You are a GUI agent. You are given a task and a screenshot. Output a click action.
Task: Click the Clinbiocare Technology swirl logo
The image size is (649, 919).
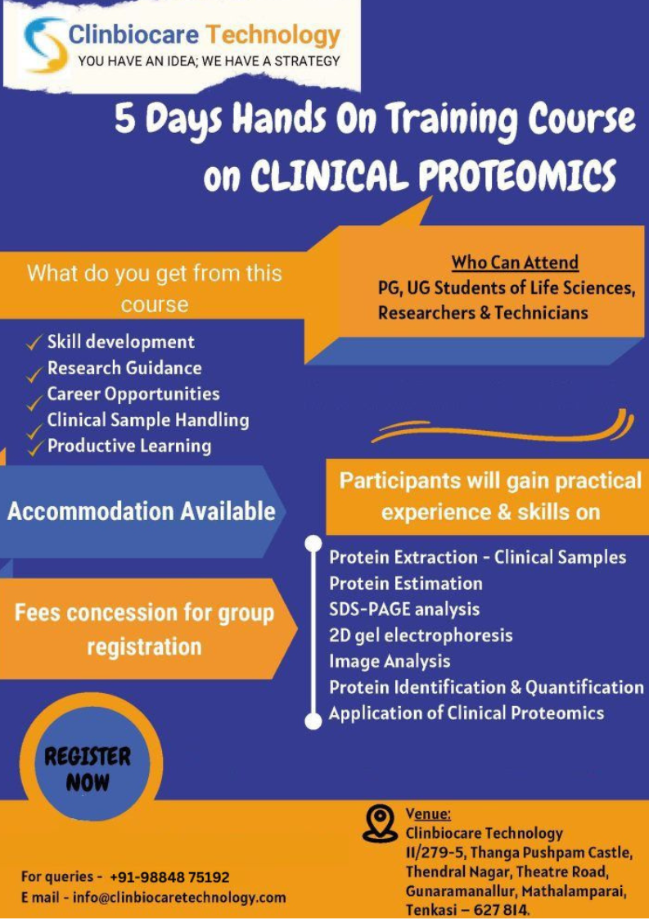[x=44, y=45]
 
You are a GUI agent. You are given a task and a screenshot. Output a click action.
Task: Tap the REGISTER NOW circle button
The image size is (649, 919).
[x=88, y=768]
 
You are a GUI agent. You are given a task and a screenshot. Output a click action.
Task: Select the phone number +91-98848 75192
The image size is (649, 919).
[x=170, y=877]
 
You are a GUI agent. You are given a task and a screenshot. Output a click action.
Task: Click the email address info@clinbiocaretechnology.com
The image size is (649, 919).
[x=178, y=898]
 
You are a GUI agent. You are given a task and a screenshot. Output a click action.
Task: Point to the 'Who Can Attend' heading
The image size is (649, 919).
[x=515, y=263]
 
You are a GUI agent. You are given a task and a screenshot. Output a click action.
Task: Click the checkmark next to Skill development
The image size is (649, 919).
[x=34, y=343]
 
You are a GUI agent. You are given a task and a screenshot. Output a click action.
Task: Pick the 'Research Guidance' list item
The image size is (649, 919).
[x=124, y=368]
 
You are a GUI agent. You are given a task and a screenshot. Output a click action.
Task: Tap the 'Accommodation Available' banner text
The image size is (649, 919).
[x=141, y=512]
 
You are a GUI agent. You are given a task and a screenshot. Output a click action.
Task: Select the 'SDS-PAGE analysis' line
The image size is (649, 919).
[x=404, y=609]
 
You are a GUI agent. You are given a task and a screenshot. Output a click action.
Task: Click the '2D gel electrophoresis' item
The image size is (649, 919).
[x=421, y=636]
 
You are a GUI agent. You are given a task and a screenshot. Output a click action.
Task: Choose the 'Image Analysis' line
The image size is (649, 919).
[x=390, y=661]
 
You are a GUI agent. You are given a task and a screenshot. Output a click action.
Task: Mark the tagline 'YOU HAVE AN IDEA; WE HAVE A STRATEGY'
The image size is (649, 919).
[x=209, y=61]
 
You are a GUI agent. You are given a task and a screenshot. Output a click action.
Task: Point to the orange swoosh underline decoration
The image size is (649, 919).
[x=502, y=428]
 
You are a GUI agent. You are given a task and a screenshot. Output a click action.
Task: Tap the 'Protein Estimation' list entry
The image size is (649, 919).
[x=406, y=584]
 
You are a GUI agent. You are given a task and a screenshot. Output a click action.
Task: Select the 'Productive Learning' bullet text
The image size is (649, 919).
[x=128, y=446]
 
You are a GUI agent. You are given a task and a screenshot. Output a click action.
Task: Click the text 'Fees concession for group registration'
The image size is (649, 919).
[x=144, y=630]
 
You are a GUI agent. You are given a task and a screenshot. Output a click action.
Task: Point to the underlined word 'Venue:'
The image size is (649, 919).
[x=428, y=814]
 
